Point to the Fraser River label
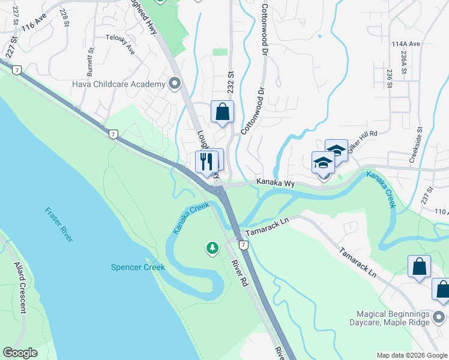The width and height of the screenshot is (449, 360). tap(59, 224)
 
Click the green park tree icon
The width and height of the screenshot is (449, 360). tap(212, 247)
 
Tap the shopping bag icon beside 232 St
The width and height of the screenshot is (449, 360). tap(222, 112)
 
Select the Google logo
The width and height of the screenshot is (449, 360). tap(20, 353)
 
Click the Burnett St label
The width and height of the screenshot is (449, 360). tap(90, 62)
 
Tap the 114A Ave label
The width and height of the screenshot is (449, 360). tap(406, 44)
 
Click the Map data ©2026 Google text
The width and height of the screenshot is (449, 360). tap(412, 355)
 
